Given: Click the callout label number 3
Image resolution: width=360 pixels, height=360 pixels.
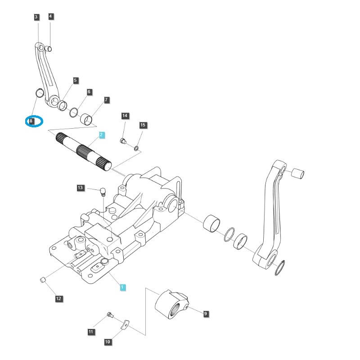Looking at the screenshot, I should [36, 17].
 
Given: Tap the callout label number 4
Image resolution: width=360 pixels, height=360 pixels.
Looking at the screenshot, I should [50, 17].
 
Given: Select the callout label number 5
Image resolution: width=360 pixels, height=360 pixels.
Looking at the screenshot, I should [76, 81].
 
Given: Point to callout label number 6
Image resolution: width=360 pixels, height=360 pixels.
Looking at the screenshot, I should [89, 92].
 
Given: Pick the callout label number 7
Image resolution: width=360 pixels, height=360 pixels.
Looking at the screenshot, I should [107, 99].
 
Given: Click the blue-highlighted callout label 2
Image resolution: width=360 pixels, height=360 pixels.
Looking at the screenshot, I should [102, 135].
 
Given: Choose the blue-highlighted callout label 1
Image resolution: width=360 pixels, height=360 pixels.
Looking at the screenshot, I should [122, 287].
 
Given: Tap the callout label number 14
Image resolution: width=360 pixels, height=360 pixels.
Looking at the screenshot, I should [125, 116].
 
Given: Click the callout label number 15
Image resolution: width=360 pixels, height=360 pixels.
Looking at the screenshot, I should [143, 125].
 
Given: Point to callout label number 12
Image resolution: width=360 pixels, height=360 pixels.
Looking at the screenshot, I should [59, 298].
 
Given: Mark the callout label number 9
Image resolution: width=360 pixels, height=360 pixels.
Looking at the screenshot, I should [206, 314].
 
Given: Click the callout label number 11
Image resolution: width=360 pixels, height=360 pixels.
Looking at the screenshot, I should [91, 332].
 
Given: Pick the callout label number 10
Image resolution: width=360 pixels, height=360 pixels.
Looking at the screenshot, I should [108, 342].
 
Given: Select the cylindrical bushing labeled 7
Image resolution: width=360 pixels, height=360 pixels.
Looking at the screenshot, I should [87, 119].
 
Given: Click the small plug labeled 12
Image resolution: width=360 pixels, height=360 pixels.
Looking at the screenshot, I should [43, 280].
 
